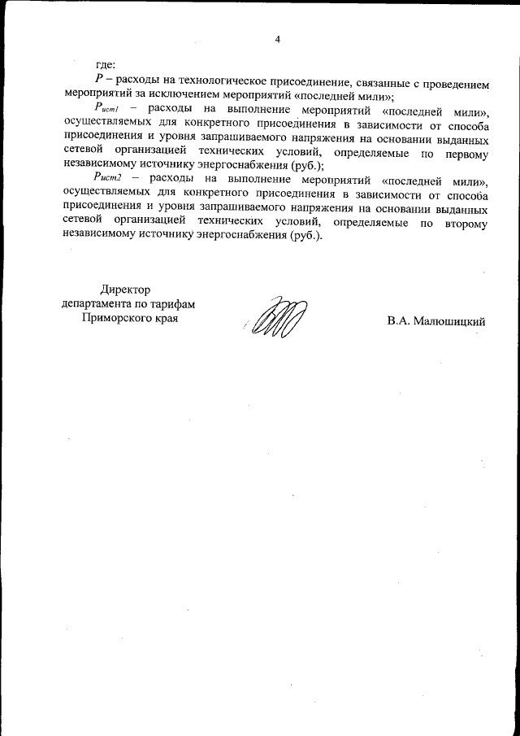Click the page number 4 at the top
pyautogui.click(x=277, y=39)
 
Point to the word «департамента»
pyautogui.click(x=99, y=304)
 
